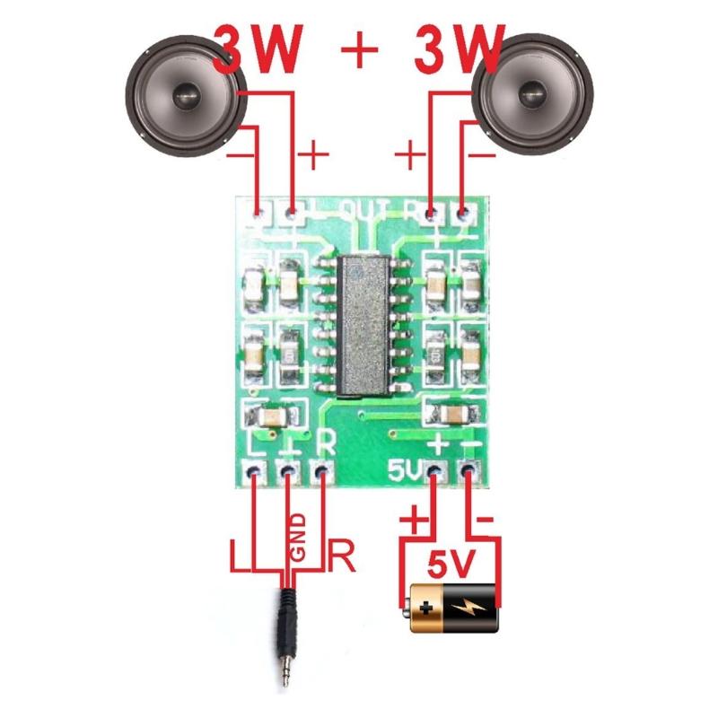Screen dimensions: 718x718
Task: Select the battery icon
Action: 453,608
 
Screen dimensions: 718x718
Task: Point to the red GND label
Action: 297,538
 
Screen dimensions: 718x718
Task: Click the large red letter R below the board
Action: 342,556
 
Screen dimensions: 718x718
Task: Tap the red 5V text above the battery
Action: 451,565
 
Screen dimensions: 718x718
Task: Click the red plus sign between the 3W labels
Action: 360,52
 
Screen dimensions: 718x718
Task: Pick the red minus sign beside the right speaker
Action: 481,153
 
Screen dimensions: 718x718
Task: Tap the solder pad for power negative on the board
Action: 468,470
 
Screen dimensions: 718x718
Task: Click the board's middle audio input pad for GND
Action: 288,470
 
